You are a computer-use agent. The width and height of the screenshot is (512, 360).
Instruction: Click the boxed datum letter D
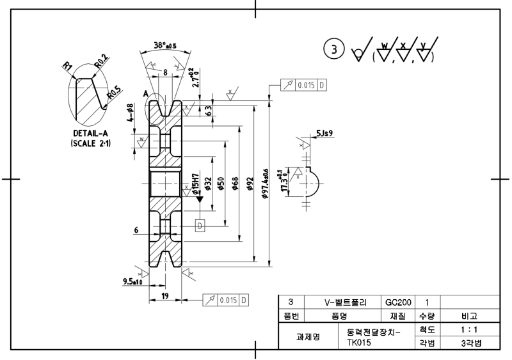[x=200, y=225]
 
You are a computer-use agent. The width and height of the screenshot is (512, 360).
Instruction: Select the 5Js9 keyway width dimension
[x=324, y=134]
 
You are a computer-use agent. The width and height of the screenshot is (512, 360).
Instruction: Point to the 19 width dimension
[x=165, y=296]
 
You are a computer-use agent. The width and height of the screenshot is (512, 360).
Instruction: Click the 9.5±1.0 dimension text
[x=132, y=281]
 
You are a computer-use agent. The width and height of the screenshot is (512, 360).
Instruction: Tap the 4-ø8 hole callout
[x=131, y=114]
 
